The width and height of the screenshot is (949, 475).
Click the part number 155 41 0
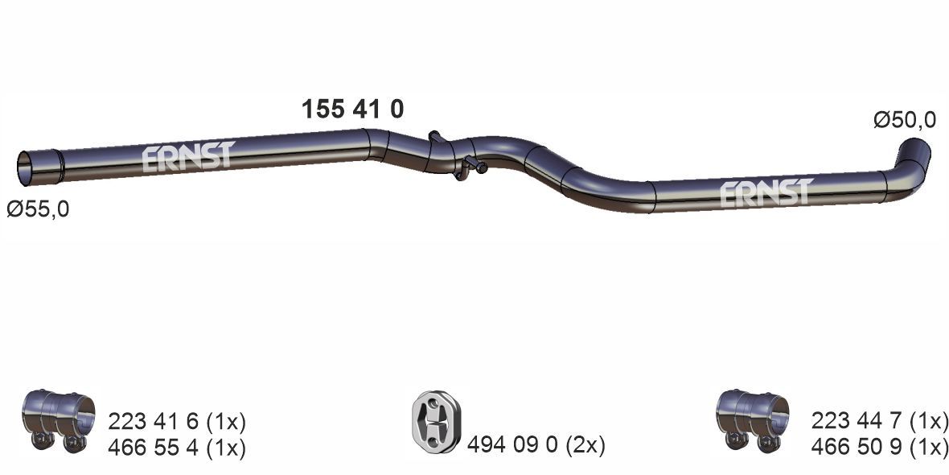pos(351,109)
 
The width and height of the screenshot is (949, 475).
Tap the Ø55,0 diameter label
pos(38,210)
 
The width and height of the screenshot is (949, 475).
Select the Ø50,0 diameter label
pos(904,120)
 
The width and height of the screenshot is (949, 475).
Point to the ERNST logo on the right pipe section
pos(766,193)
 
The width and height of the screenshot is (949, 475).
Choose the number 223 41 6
pos(152,421)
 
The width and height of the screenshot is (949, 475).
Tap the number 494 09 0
pos(511,444)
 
